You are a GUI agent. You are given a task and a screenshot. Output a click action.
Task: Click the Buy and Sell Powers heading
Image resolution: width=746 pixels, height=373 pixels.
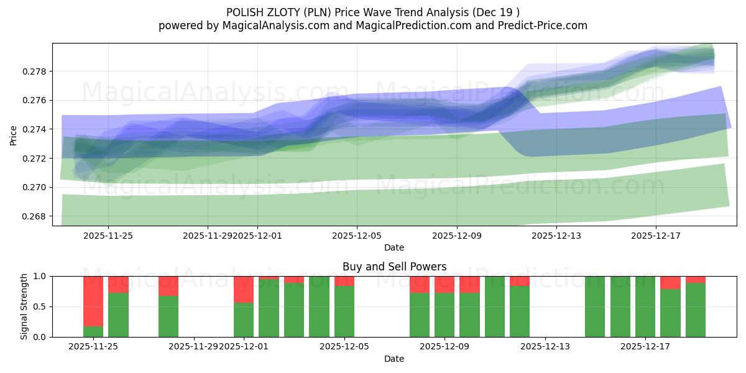tap(394, 267)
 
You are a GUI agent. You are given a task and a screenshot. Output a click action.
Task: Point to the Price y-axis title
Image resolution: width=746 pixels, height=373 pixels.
tap(14, 134)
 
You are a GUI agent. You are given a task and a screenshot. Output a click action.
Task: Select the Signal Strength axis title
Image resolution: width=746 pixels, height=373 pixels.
tap(24, 306)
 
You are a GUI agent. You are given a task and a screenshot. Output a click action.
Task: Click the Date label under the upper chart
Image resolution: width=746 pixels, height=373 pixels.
tap(394, 247)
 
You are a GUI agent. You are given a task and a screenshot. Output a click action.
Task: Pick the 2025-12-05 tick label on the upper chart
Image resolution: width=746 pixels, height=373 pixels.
tap(357, 236)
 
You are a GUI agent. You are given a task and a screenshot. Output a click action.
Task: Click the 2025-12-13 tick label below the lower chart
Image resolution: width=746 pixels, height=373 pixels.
tap(545, 347)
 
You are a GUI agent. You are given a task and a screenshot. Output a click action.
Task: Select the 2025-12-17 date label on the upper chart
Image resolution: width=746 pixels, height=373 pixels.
tap(656, 236)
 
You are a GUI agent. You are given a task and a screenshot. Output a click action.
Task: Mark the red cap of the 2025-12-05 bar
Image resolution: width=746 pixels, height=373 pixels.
tap(344, 281)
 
